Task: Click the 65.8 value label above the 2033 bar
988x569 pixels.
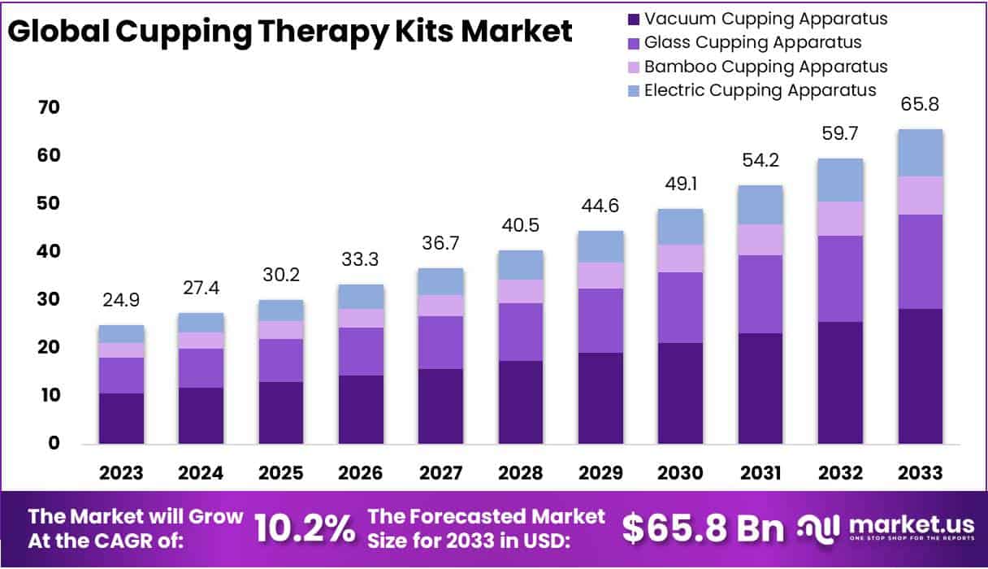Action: tap(920, 105)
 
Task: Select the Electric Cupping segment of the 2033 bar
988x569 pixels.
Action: tap(920, 153)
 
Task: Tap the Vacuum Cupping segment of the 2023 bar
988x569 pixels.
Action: tap(121, 419)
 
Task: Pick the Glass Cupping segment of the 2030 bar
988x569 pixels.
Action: tap(680, 307)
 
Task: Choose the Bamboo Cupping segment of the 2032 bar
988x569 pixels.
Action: tap(840, 219)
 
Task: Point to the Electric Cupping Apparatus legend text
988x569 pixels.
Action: tap(760, 89)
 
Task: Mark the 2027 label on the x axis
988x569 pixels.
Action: tap(440, 473)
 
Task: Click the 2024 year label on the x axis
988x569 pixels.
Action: tap(201, 473)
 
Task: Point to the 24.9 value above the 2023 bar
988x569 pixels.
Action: tap(121, 301)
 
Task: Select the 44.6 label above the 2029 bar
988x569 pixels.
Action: tap(600, 206)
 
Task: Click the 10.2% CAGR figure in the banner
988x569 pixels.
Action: tap(305, 529)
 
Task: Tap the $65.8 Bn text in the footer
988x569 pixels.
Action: tap(704, 528)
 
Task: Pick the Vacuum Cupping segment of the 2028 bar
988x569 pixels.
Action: tap(520, 402)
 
